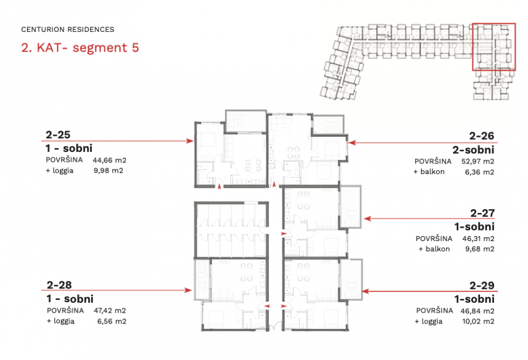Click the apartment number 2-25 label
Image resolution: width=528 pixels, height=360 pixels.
(x=58, y=135)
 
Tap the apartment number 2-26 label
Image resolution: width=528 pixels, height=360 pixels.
(x=482, y=136)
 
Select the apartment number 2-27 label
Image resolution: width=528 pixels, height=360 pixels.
(x=482, y=213)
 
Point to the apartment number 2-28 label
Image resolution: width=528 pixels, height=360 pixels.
(x=59, y=285)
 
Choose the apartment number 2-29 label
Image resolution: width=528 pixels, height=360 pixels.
(x=482, y=286)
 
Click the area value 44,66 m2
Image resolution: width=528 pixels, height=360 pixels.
(x=109, y=160)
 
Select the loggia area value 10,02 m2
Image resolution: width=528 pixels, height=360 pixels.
(x=478, y=321)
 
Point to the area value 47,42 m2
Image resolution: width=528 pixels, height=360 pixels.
(x=110, y=310)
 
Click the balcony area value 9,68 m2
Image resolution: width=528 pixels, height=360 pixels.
(x=480, y=249)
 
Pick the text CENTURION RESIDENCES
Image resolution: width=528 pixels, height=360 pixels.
(x=68, y=30)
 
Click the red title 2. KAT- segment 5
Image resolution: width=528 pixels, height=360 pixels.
(x=80, y=47)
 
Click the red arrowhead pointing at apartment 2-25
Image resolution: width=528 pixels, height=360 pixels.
(x=190, y=141)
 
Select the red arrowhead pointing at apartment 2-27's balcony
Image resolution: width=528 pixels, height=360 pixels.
(x=367, y=219)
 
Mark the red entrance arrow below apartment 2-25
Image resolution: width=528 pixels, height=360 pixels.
(x=219, y=186)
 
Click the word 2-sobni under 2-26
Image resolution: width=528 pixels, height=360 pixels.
(x=473, y=150)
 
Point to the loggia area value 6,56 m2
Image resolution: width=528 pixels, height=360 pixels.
(x=112, y=321)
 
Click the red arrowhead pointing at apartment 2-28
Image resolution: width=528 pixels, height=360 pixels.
(x=188, y=290)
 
